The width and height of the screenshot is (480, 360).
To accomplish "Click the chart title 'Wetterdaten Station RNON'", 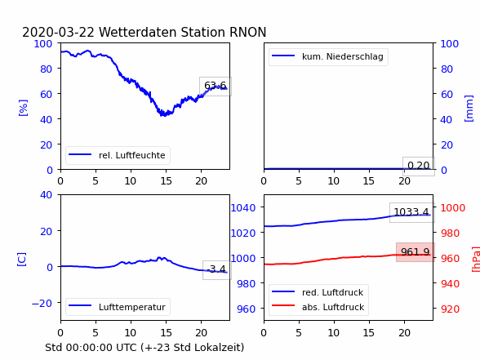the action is [x=183, y=32].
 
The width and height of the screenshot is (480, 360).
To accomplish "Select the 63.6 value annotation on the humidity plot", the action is [x=216, y=86].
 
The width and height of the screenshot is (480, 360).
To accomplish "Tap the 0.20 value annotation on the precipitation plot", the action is [x=419, y=166].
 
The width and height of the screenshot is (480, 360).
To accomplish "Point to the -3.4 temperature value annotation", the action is [x=217, y=269].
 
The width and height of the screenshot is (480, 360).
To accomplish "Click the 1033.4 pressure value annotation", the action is [x=411, y=212].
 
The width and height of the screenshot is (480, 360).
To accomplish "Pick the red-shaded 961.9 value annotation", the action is [x=416, y=252].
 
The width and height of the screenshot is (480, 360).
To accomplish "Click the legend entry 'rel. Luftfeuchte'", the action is [x=132, y=155].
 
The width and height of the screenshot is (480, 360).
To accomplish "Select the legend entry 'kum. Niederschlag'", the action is [x=343, y=56].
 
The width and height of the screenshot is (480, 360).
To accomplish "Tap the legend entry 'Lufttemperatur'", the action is [x=132, y=307].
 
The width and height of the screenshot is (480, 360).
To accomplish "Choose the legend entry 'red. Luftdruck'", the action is [x=332, y=292].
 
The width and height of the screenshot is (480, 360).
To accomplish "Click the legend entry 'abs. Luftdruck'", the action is [x=333, y=307].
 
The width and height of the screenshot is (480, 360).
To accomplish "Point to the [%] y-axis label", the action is [x=23, y=108].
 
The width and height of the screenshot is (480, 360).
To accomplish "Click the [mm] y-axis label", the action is [x=469, y=109].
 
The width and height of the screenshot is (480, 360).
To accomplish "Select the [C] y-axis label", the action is [x=21, y=260].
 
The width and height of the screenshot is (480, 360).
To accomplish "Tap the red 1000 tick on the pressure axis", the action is [x=453, y=208].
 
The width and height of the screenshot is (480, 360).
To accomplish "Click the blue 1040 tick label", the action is [x=243, y=208].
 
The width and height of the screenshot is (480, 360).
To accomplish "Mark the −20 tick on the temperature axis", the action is [x=42, y=304].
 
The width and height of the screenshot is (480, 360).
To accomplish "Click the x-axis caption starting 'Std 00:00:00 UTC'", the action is [x=144, y=348].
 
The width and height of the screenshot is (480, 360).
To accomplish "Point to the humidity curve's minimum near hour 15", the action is [x=164, y=115].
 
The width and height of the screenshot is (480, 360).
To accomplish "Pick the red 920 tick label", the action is [x=450, y=309].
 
